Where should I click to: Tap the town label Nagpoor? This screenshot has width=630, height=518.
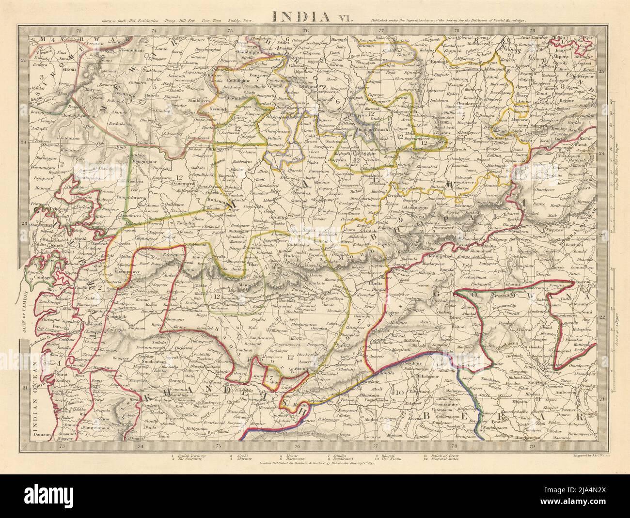[530, 382]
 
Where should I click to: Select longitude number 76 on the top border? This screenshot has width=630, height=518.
[306, 31]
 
